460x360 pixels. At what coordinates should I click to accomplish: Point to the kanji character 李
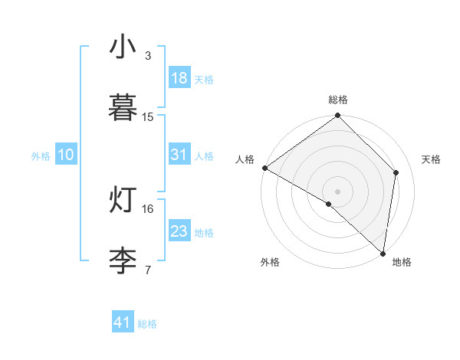click(123, 260)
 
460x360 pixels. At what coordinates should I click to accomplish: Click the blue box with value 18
click(179, 78)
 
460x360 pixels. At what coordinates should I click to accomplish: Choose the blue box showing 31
click(179, 155)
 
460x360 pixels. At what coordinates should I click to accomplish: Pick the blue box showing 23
click(179, 231)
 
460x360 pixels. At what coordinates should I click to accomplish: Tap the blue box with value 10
click(66, 155)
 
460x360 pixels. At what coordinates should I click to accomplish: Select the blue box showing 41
click(123, 322)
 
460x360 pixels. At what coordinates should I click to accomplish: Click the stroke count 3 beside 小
click(148, 56)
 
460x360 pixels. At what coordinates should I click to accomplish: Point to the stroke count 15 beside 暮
click(148, 117)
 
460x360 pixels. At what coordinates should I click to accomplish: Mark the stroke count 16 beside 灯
click(148, 208)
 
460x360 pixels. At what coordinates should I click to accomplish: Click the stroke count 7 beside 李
click(148, 270)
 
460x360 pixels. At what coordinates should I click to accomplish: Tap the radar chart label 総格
click(338, 100)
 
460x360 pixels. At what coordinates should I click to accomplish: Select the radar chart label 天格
click(432, 159)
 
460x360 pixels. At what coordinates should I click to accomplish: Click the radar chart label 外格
click(270, 262)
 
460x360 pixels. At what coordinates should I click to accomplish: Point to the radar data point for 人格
click(264, 168)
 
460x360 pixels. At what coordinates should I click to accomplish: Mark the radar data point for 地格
click(383, 253)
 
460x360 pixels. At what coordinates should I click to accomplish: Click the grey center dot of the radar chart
click(337, 191)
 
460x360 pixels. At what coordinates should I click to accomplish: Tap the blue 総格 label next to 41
click(147, 324)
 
